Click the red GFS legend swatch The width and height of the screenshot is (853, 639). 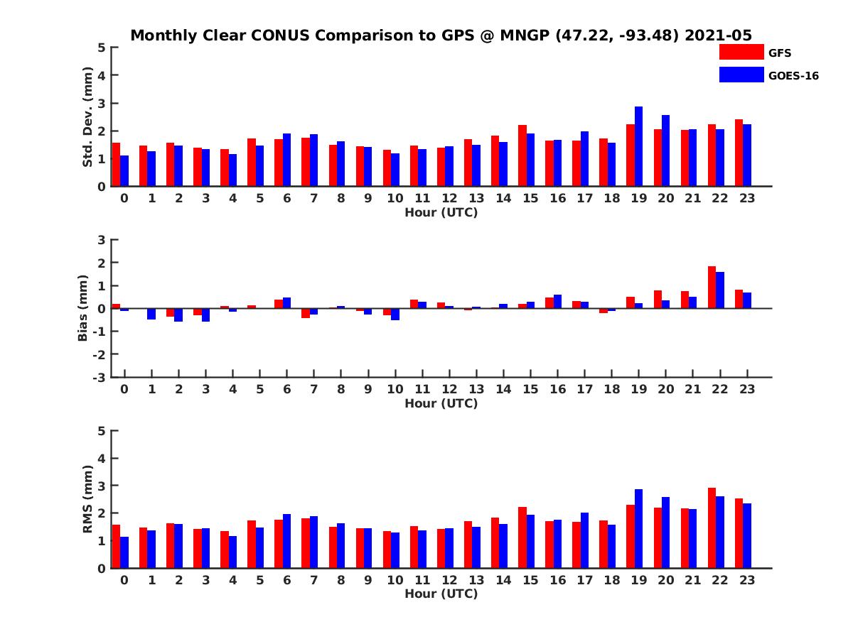click(741, 52)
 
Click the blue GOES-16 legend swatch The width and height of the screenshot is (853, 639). click(741, 75)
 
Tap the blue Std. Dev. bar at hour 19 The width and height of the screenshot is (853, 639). click(638, 146)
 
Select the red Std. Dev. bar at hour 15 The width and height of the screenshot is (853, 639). click(522, 155)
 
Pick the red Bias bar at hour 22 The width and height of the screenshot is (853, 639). click(712, 288)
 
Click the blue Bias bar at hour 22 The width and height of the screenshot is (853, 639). click(720, 290)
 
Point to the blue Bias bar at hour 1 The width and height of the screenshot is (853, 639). click(151, 314)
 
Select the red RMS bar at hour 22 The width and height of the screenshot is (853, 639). click(712, 528)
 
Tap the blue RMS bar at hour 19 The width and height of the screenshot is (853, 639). click(638, 528)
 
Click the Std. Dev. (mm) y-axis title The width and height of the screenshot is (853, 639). click(88, 117)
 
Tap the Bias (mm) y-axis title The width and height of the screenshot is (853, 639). click(83, 308)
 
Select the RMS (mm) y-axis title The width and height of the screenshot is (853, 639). click(88, 499)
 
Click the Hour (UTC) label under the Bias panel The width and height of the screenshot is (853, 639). click(441, 403)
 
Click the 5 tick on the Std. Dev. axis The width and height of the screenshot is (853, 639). click(102, 48)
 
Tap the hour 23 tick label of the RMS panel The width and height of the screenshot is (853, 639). click(746, 580)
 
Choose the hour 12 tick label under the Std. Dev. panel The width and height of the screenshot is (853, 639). click(449, 198)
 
